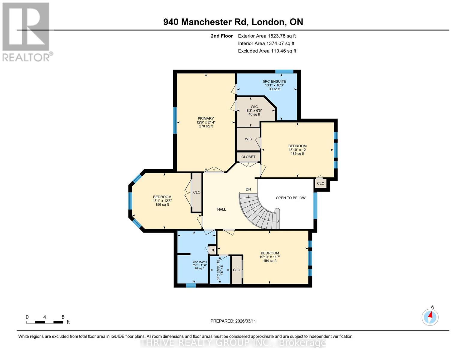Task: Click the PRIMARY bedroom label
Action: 206,118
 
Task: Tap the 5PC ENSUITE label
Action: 274,81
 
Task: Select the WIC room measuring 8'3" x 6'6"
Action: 254,110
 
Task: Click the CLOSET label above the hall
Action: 248,157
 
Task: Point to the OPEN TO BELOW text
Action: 290,198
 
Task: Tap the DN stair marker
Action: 248,189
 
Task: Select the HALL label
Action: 221,209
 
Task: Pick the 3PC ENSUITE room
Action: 220,270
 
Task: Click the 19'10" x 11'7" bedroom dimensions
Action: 270,257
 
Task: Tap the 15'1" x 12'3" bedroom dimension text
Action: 162,201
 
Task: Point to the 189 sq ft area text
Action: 297,154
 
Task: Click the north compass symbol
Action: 430,317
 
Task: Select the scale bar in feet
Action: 45,322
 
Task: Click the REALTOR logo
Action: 26,31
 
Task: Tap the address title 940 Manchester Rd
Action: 233,22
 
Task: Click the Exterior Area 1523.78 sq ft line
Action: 267,36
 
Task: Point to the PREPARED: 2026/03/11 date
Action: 233,321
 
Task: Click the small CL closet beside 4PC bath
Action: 212,250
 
